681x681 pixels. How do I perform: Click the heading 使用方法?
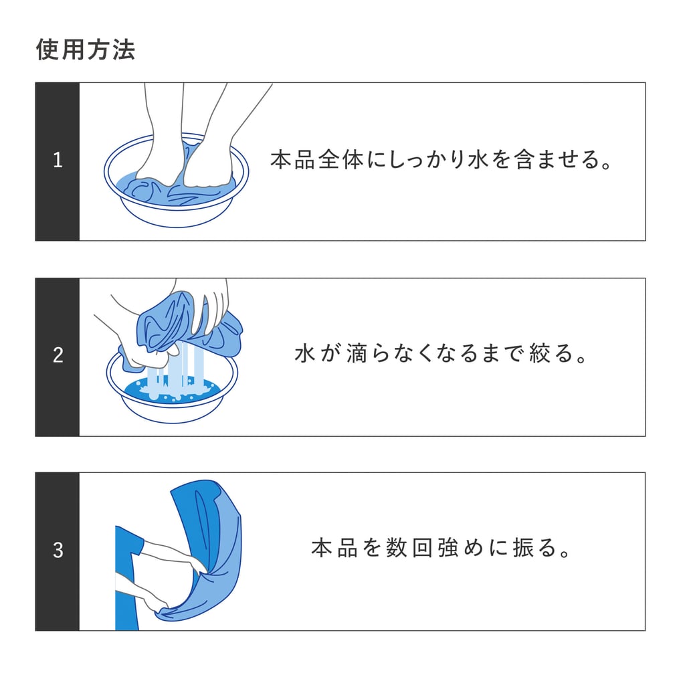pos(86,50)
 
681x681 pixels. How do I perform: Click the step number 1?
pos(58,161)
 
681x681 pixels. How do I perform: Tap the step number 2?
pos(58,355)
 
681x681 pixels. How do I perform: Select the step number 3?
pos(58,551)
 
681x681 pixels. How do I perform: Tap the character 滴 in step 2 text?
pos(357,353)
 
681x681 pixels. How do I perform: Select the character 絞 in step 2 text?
pos(540,353)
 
